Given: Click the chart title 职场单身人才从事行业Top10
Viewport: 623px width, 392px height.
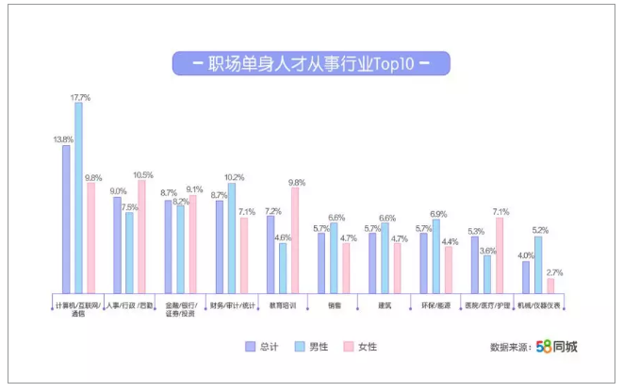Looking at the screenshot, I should tap(311, 64).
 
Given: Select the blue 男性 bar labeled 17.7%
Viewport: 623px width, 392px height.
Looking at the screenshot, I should tap(79, 198).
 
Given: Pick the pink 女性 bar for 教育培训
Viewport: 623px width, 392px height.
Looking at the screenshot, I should tap(295, 240).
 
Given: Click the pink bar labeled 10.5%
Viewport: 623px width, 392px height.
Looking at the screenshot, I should tap(142, 237).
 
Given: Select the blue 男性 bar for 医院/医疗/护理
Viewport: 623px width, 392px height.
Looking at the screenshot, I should tap(487, 274).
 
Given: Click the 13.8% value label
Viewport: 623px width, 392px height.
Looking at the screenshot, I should tap(63, 139).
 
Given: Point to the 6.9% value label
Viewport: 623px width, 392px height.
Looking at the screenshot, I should tap(436, 214).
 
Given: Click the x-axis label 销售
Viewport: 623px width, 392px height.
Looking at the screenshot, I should tap(334, 305).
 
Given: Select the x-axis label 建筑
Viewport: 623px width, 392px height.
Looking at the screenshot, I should tap(385, 305).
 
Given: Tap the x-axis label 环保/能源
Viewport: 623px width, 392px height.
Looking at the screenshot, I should tap(436, 305).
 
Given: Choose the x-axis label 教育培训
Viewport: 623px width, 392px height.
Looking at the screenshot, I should tap(283, 305).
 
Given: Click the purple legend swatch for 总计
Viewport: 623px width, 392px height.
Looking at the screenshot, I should tap(251, 346).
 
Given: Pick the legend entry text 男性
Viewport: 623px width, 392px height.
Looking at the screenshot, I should tap(320, 347).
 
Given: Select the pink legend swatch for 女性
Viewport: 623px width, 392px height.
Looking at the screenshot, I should tap(348, 346).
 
